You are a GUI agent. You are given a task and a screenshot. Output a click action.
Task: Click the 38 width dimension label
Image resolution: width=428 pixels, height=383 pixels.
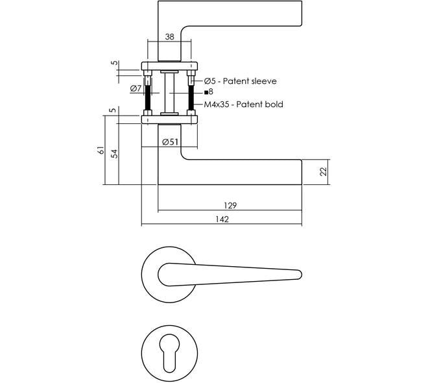[x=169, y=36]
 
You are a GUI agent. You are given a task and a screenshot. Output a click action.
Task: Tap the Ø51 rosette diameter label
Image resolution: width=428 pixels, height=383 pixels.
[x=170, y=142]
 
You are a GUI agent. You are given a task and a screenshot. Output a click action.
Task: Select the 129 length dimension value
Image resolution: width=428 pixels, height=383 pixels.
[x=230, y=205]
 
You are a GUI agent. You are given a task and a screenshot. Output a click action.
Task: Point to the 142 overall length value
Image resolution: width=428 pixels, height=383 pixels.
[x=222, y=219]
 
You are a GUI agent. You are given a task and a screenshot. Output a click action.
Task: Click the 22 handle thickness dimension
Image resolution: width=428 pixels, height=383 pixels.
[x=323, y=171]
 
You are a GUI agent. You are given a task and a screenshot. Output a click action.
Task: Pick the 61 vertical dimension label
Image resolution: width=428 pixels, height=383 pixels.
[x=101, y=150]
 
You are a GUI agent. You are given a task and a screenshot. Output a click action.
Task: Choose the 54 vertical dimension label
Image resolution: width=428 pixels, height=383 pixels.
[x=115, y=154]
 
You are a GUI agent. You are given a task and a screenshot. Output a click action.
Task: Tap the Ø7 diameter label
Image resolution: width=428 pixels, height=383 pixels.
[x=136, y=88]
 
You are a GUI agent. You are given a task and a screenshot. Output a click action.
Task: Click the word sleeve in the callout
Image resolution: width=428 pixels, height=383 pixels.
[x=264, y=81]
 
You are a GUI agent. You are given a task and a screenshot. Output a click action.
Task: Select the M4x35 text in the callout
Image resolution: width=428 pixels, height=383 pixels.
[x=217, y=105]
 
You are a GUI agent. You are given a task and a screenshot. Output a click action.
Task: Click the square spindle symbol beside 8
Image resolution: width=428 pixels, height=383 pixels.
[x=206, y=92]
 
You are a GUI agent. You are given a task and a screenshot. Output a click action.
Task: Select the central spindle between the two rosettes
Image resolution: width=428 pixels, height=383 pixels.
[x=169, y=93]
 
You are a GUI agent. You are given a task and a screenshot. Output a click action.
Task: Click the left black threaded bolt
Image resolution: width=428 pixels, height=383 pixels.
[x=148, y=97]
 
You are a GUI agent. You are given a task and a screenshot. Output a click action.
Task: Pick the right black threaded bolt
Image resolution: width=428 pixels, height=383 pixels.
[x=191, y=97]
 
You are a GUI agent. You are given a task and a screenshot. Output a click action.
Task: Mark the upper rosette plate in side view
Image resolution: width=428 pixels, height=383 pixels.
[x=169, y=66]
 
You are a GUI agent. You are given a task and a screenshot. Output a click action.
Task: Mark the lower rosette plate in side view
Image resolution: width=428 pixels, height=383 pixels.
[x=169, y=119]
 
